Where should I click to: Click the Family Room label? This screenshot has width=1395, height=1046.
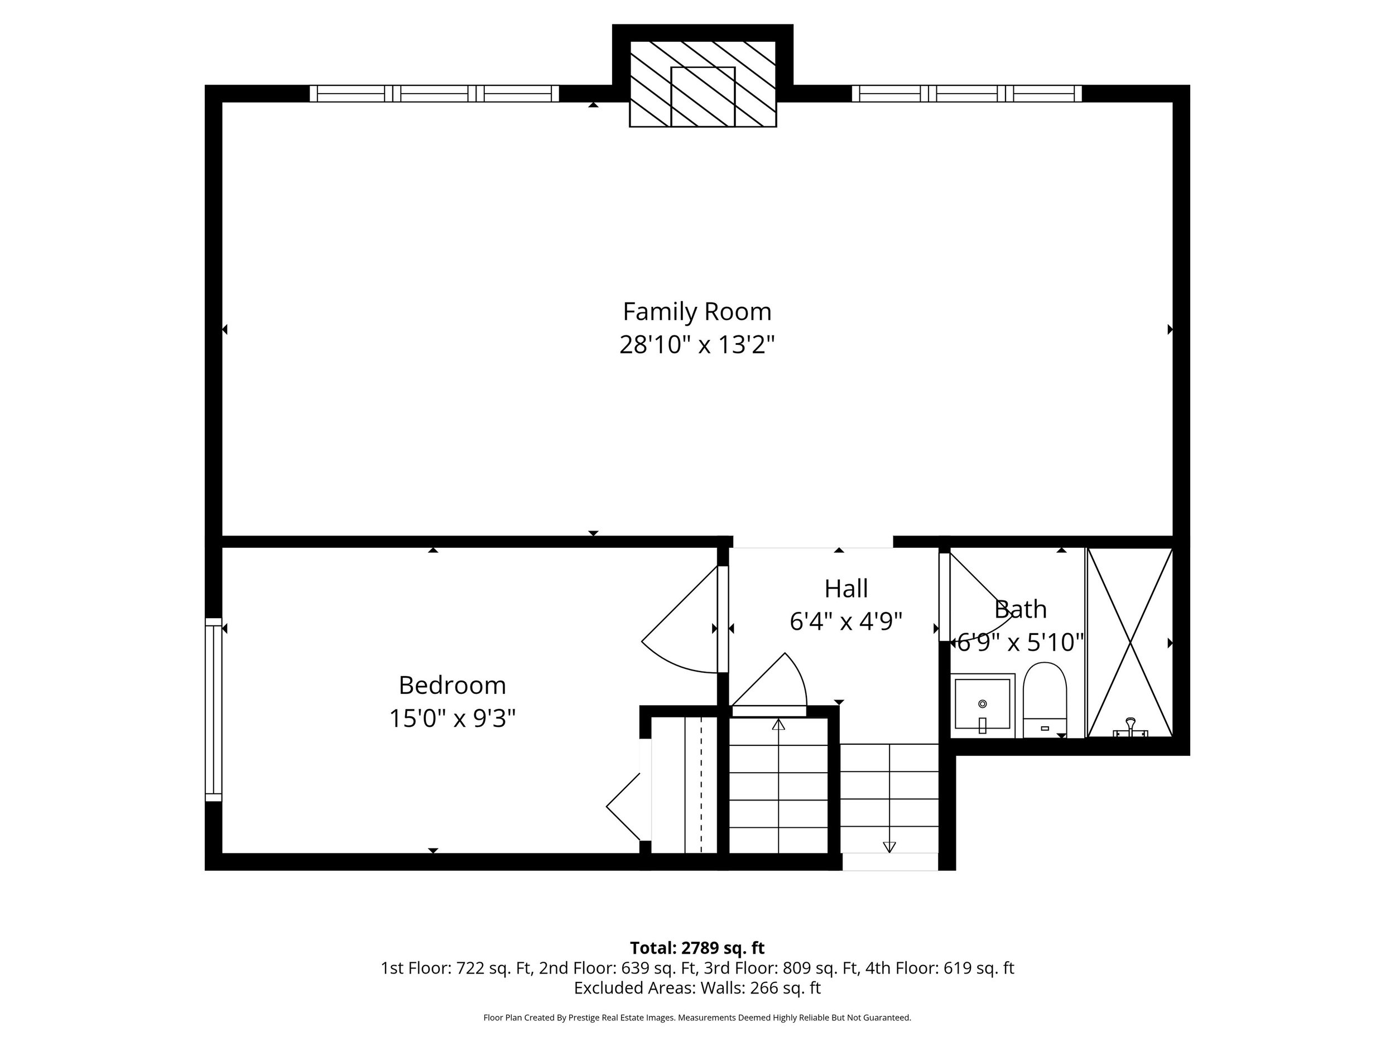(697, 311)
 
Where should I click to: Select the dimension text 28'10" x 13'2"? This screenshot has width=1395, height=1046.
(697, 345)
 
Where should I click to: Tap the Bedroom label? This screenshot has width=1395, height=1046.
(452, 686)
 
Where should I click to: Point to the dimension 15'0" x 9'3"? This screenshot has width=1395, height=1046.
(452, 718)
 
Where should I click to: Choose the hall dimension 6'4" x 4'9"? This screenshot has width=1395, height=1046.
(846, 621)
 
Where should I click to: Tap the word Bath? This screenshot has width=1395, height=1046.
(1020, 609)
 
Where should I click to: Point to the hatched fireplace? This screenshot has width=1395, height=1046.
(703, 84)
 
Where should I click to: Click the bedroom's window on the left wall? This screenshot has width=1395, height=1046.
(214, 709)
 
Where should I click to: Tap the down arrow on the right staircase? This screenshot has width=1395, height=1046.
(889, 846)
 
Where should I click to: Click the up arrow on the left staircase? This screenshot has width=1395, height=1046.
(778, 726)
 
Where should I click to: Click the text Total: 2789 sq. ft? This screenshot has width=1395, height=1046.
(697, 948)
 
